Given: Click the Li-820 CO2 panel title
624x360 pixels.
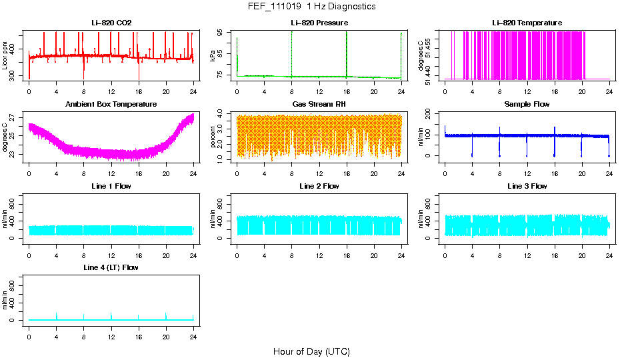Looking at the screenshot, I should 111,23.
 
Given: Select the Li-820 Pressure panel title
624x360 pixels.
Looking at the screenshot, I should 319,23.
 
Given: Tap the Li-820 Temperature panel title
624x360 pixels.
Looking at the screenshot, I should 527,23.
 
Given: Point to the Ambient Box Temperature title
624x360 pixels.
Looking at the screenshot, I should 111,105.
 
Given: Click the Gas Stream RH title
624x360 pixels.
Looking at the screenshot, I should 319,105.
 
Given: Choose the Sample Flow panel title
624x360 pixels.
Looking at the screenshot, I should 527,105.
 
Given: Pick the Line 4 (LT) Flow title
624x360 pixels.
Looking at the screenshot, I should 111,267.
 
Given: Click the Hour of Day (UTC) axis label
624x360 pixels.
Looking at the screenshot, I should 311,351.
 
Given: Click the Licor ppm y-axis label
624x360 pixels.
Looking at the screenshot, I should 5,56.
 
